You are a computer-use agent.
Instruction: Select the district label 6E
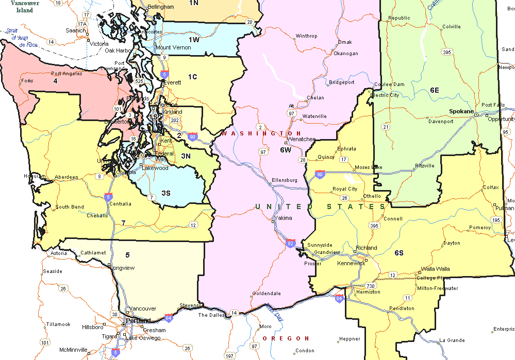pos(435,90)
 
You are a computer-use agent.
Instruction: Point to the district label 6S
pos(399,252)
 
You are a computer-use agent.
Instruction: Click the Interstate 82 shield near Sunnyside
pos(291,243)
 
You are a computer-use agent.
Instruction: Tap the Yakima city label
pos(284,218)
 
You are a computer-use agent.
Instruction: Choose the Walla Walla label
pos(435,269)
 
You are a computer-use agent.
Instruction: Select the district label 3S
pos(165,193)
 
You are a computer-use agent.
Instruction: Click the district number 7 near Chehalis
pos(123,222)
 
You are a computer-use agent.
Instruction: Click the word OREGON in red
pos(286,338)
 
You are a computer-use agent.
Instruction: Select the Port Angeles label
pos(67,74)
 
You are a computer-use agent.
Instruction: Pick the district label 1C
pos(192,77)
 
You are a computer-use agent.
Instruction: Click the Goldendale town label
pos(267,294)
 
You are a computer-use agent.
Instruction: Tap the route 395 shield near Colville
pos(447,53)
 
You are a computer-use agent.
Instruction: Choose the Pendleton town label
pos(402,308)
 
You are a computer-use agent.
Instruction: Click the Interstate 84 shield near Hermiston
pos(339,299)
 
